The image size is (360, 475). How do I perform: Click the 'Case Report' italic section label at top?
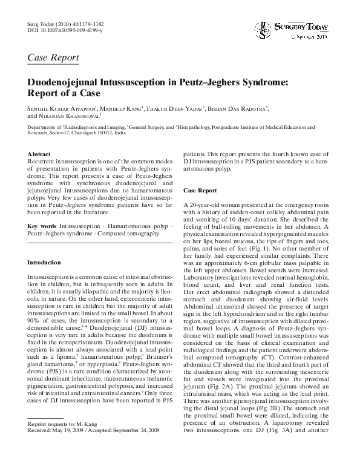pyautogui.click(x=53, y=58)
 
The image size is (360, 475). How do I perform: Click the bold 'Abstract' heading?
pyautogui.click(x=39, y=155)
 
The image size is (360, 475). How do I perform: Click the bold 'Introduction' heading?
pyautogui.click(x=44, y=262)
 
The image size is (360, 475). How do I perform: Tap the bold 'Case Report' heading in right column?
pyautogui.click(x=200, y=190)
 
